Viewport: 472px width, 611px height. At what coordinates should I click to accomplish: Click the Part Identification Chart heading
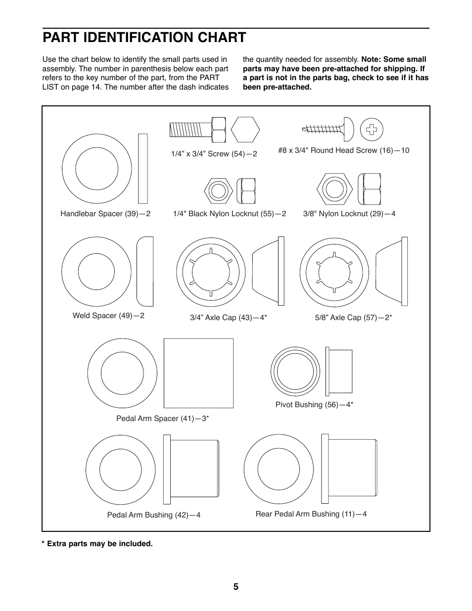tap(144, 38)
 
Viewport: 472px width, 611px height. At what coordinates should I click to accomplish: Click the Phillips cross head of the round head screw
tap(372, 130)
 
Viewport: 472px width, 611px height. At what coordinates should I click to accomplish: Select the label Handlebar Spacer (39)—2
tap(105, 214)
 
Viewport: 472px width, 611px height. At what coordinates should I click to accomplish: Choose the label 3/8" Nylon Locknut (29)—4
tap(349, 214)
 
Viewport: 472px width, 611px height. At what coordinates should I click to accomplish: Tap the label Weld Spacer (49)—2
tap(108, 316)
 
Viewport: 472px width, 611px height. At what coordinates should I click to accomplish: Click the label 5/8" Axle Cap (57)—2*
tap(353, 318)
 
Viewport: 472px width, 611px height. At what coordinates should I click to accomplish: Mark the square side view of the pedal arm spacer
tap(198, 373)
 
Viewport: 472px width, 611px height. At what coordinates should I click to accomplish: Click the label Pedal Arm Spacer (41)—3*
tap(162, 419)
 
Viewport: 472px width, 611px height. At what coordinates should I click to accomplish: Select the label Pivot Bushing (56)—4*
tap(314, 405)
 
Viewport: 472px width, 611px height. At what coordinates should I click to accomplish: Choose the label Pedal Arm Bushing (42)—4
tap(153, 515)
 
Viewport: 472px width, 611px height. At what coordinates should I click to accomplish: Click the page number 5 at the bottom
tap(236, 587)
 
